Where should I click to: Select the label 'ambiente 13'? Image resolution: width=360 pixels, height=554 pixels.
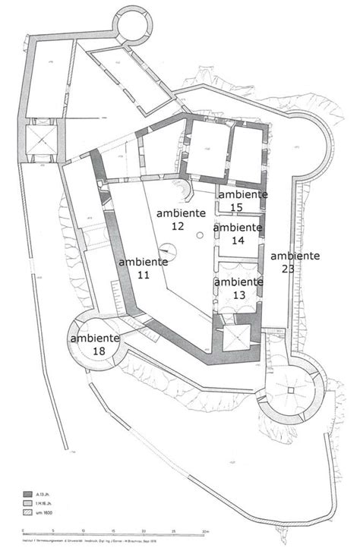239,288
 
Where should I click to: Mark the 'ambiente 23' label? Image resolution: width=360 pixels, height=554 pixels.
295,262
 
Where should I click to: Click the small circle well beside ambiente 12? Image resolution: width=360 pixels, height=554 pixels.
199,235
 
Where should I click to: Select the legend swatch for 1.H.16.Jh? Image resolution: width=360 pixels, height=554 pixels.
29,503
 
